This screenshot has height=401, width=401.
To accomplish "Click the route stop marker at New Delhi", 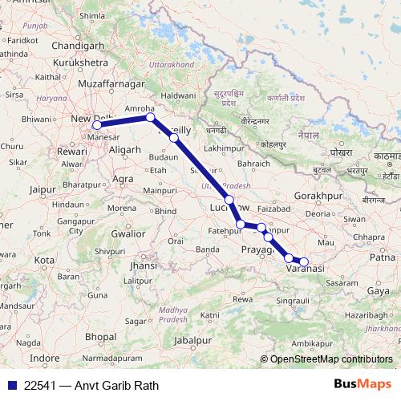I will (97, 124).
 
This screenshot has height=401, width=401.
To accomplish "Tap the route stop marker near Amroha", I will (150, 118).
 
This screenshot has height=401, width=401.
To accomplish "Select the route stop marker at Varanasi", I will (303, 261).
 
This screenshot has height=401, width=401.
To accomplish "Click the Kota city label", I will (44, 261).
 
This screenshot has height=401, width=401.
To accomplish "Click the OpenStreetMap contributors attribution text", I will (331, 359).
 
